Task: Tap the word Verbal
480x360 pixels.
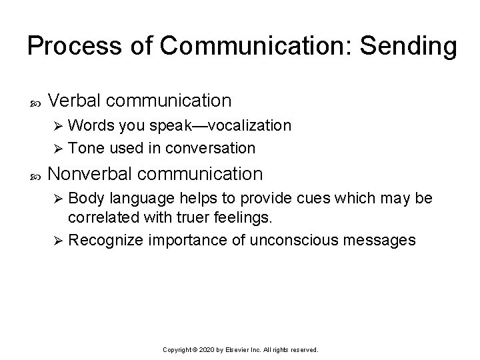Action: [74, 101]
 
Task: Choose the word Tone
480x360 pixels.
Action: [83, 147]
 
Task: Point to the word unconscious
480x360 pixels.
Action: [283, 239]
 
